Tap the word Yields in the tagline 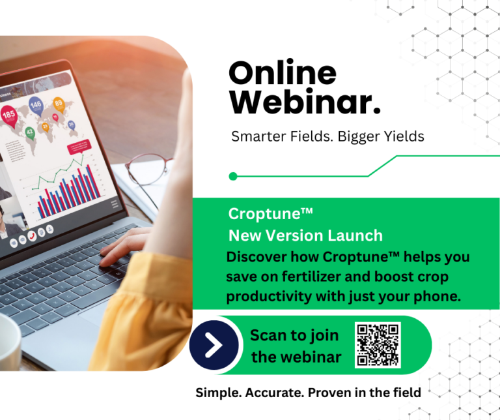(x=404, y=137)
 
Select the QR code (x=378, y=344)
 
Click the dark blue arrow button (x=214, y=345)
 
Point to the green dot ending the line (x=233, y=176)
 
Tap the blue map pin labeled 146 (x=36, y=106)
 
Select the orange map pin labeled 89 (x=59, y=104)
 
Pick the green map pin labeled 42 (x=30, y=132)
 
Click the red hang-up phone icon (x=32, y=235)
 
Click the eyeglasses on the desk (x=148, y=174)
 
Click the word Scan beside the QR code (x=268, y=335)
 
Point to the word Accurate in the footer (x=274, y=393)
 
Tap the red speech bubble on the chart (x=79, y=147)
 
